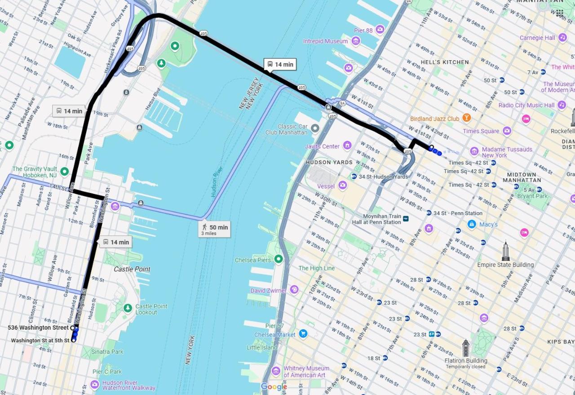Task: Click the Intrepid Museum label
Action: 325,41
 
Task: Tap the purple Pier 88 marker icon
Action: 380,30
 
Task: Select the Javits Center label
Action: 322,146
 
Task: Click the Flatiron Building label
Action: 465,361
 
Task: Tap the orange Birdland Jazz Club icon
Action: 466,118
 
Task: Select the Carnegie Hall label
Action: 537,38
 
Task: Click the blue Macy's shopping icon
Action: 472,224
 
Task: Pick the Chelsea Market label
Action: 275,335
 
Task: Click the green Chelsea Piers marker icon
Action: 279,259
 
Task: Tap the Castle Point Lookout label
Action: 151,309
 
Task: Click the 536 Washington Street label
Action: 38,328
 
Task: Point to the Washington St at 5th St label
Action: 40,341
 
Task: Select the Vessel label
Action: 326,186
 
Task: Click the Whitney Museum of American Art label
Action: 306,372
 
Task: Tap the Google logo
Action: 274,387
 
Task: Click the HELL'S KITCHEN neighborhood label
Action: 444,62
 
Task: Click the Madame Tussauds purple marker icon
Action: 474,151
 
